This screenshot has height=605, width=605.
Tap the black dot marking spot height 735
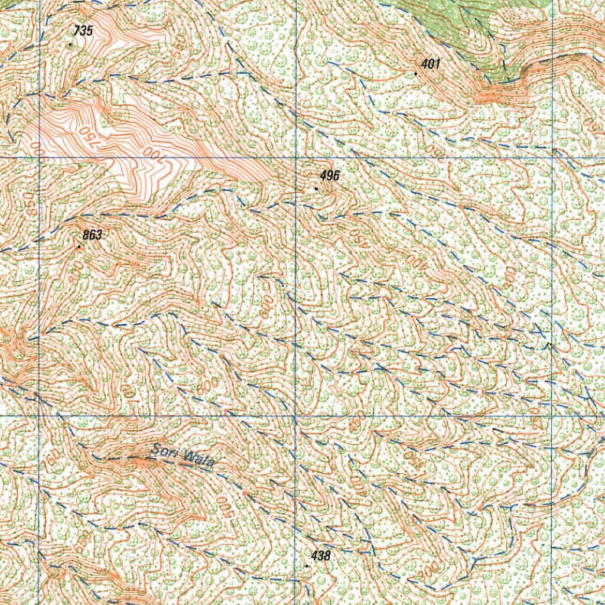point(70,44)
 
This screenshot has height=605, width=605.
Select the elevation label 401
point(431,64)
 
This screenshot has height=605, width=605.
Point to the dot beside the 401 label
point(416,74)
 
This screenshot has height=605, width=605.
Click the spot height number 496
point(330,176)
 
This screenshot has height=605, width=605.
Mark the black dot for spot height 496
point(316,189)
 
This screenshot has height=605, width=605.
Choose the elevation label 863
point(92,235)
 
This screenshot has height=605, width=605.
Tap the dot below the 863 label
point(79,246)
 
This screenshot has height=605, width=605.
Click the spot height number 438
point(320,555)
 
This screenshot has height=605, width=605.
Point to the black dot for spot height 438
point(307,566)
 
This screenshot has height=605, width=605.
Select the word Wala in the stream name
point(196,459)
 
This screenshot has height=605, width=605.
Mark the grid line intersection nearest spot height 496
point(295,158)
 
